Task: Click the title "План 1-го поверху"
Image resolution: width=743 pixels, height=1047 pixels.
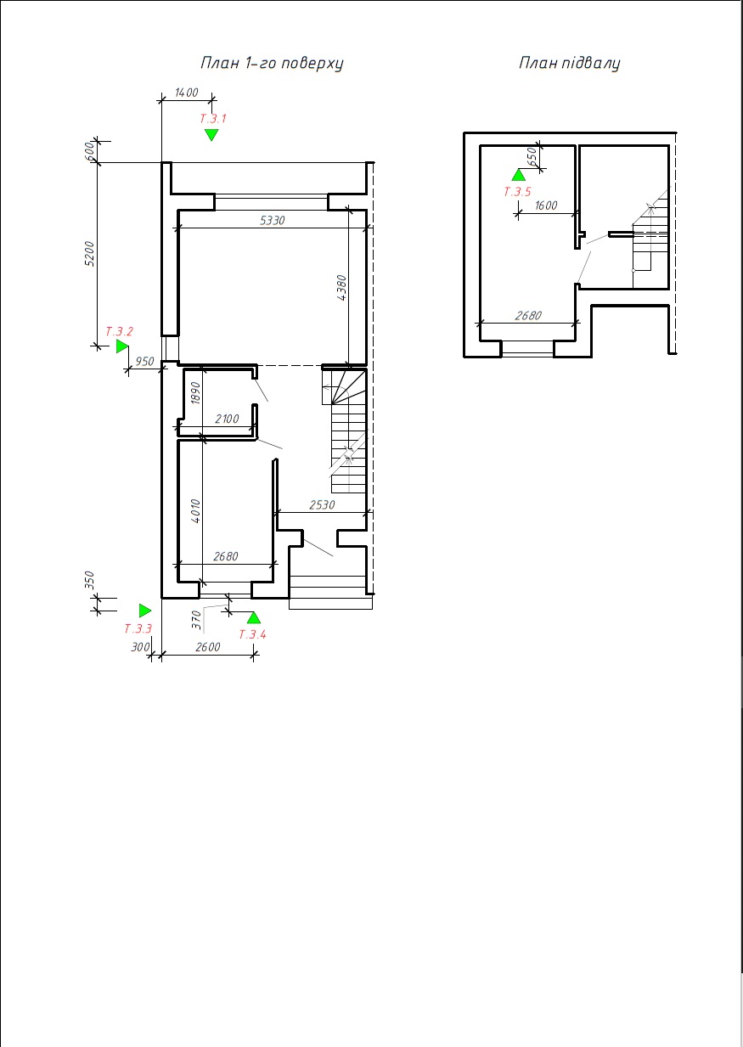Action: pyautogui.click(x=272, y=63)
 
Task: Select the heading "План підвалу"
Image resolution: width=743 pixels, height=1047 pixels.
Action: pyautogui.click(x=569, y=63)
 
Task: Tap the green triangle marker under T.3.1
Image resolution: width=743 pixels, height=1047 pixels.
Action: pyautogui.click(x=211, y=135)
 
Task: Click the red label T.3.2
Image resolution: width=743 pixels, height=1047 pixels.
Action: pyautogui.click(x=119, y=331)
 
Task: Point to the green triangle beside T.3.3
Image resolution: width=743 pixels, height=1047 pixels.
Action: pyautogui.click(x=145, y=611)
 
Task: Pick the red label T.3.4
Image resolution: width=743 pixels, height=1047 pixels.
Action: pyautogui.click(x=252, y=634)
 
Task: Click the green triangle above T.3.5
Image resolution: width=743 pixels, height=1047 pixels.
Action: pyautogui.click(x=518, y=175)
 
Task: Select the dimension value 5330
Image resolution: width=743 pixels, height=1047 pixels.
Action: pyautogui.click(x=273, y=220)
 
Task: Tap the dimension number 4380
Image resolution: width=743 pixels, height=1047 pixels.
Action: pyautogui.click(x=341, y=288)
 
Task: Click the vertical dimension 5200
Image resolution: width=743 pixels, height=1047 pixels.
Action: pyautogui.click(x=89, y=254)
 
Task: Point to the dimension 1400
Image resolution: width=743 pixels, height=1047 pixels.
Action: pyautogui.click(x=187, y=93)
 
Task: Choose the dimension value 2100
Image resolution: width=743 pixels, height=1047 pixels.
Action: pyautogui.click(x=227, y=419)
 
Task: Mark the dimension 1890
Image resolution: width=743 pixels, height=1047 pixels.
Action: pyautogui.click(x=196, y=393)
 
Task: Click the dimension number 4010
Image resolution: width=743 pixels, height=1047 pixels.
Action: pyautogui.click(x=195, y=511)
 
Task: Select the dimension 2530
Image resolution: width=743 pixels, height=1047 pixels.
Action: pyautogui.click(x=322, y=504)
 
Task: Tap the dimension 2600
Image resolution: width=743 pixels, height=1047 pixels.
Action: pyautogui.click(x=208, y=647)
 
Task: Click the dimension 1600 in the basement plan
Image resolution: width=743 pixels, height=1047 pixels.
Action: pyautogui.click(x=546, y=205)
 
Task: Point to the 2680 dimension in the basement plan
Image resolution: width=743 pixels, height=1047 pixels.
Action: pyautogui.click(x=528, y=316)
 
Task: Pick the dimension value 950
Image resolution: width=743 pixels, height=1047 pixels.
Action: pyautogui.click(x=144, y=361)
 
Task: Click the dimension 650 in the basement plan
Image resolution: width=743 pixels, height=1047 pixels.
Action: pyautogui.click(x=532, y=155)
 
